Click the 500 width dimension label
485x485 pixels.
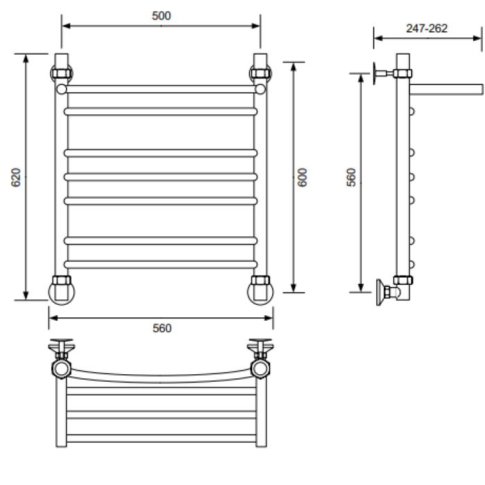click(x=161, y=16)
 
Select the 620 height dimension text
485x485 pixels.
click(x=15, y=177)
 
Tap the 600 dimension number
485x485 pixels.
click(x=302, y=177)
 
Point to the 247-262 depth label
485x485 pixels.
click(x=427, y=28)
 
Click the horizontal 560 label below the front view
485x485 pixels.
click(x=161, y=328)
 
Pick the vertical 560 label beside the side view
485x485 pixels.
click(x=351, y=177)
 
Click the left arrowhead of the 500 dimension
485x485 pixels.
click(x=66, y=26)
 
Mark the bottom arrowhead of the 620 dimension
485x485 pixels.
click(x=26, y=295)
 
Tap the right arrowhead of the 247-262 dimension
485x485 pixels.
click(x=477, y=38)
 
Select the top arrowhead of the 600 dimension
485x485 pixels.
click(x=294, y=67)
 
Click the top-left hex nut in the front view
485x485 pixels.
click(x=62, y=73)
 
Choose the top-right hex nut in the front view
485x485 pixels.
click(x=261, y=73)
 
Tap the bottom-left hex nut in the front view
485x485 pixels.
click(x=62, y=280)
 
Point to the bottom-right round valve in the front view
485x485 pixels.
click(x=261, y=292)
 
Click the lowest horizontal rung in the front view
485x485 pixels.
click(x=161, y=265)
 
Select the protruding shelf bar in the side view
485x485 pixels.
click(x=446, y=89)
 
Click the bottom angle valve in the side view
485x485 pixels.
click(x=388, y=292)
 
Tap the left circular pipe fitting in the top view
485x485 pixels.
click(x=61, y=369)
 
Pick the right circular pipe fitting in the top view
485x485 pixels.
click(x=260, y=369)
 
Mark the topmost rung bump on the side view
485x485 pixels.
click(x=412, y=112)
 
